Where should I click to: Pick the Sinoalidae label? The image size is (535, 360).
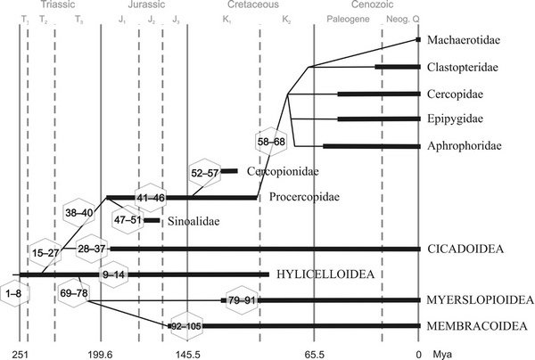pos(193,220)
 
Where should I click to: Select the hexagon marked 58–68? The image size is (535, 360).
pos(270,142)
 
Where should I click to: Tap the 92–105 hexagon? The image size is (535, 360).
pos(188,327)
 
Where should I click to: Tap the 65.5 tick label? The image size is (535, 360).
pos(315,354)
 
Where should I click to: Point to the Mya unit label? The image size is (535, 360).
pos(442,354)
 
